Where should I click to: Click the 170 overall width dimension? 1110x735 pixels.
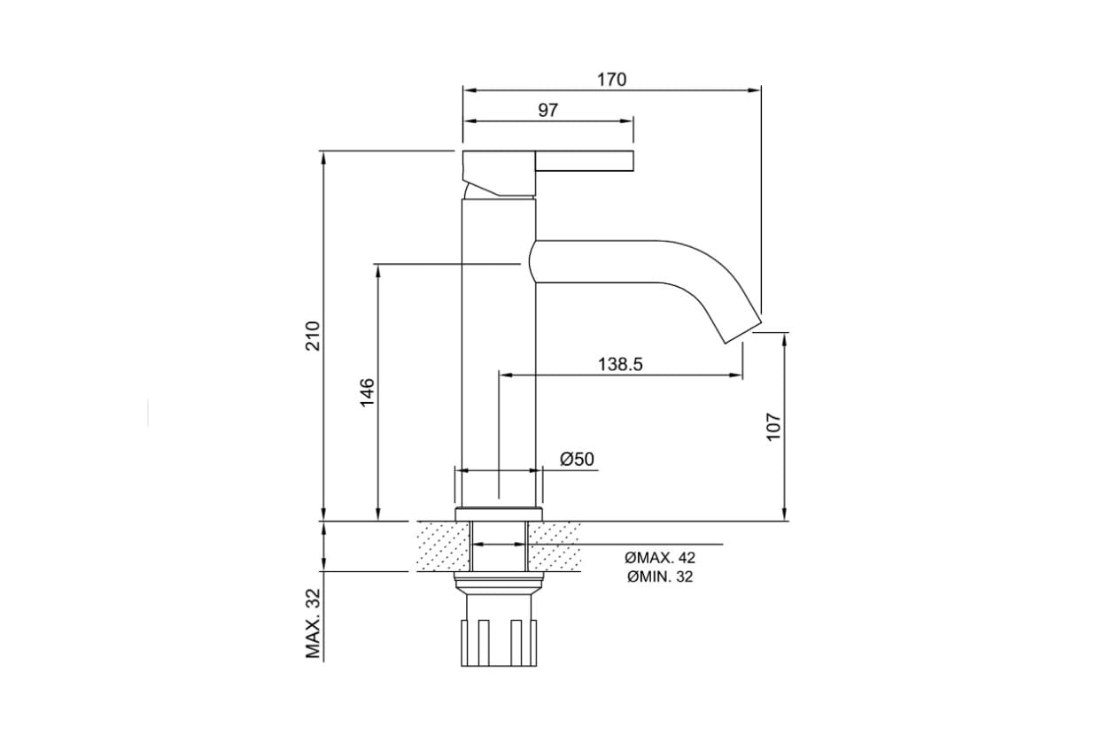pyautogui.click(x=611, y=79)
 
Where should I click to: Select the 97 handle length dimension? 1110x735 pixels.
pyautogui.click(x=548, y=110)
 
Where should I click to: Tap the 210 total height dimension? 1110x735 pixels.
pyautogui.click(x=313, y=336)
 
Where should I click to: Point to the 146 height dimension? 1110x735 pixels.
pyautogui.click(x=367, y=393)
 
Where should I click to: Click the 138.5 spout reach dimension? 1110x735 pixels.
pyautogui.click(x=620, y=364)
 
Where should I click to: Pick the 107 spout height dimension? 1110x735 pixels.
pyautogui.click(x=773, y=426)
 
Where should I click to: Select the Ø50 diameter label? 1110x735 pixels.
pyautogui.click(x=577, y=459)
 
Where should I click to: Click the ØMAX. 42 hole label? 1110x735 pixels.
pyautogui.click(x=660, y=558)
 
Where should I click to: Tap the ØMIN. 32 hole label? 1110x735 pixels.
pyautogui.click(x=660, y=576)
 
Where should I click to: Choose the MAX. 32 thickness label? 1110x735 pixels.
pyautogui.click(x=314, y=623)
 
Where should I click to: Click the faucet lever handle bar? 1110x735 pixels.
pyautogui.click(x=585, y=160)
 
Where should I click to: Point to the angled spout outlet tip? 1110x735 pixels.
pyautogui.click(x=743, y=331)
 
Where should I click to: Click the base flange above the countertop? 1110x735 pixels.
pyautogui.click(x=499, y=514)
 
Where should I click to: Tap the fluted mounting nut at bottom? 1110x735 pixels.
pyautogui.click(x=499, y=642)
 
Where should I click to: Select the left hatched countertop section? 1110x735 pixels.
pyautogui.click(x=443, y=546)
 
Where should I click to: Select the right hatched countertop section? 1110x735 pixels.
pyautogui.click(x=555, y=546)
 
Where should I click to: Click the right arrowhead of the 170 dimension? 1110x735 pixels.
pyautogui.click(x=755, y=90)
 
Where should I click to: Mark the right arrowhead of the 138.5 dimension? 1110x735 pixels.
pyautogui.click(x=736, y=375)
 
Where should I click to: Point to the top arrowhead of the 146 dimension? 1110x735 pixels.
pyautogui.click(x=378, y=271)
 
